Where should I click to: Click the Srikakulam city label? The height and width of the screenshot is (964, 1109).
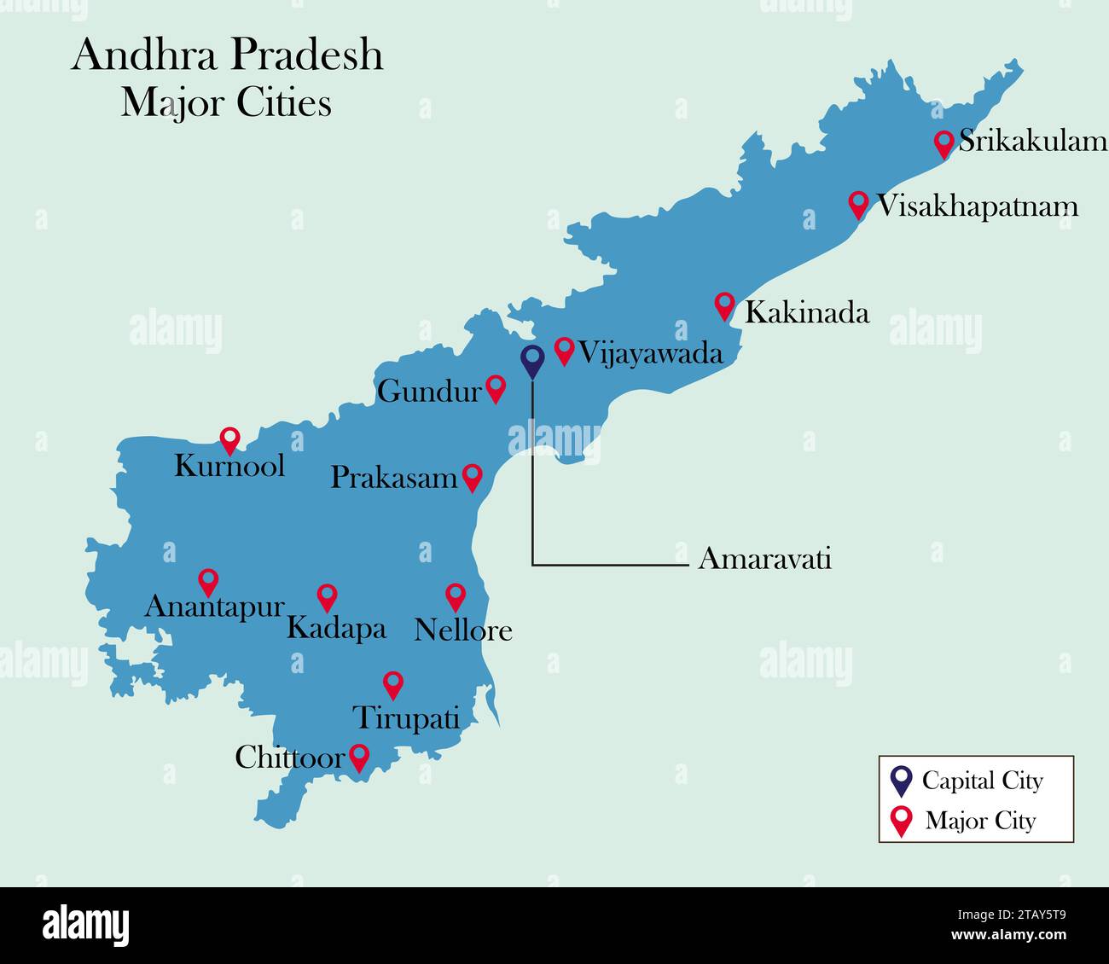[1032, 142]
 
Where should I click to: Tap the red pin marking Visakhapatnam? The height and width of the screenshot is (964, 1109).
[858, 205]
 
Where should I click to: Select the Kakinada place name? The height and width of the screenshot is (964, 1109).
[807, 312]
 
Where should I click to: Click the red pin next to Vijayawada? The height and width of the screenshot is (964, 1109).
[564, 350]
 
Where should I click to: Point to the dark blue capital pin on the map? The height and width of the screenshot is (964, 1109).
[532, 361]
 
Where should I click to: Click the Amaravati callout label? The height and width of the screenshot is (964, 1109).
[764, 559]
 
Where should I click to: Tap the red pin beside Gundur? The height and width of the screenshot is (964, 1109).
[496, 388]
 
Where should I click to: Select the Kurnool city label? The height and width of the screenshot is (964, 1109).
[229, 466]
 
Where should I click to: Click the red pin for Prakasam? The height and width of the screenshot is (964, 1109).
[472, 477]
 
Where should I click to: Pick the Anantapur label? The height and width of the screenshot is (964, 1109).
[214, 607]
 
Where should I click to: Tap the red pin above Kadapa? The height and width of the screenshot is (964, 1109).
[327, 596]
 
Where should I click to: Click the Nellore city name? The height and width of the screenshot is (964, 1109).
[463, 630]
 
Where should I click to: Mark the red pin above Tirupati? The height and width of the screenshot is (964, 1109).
[392, 683]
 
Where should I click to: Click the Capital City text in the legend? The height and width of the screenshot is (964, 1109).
[982, 781]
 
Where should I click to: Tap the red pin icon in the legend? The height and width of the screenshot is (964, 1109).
[900, 822]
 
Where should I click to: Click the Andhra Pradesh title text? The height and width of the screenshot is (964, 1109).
[228, 55]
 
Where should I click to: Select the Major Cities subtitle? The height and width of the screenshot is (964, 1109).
[226, 103]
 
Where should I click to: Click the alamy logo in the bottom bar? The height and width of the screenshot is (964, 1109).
[85, 925]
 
